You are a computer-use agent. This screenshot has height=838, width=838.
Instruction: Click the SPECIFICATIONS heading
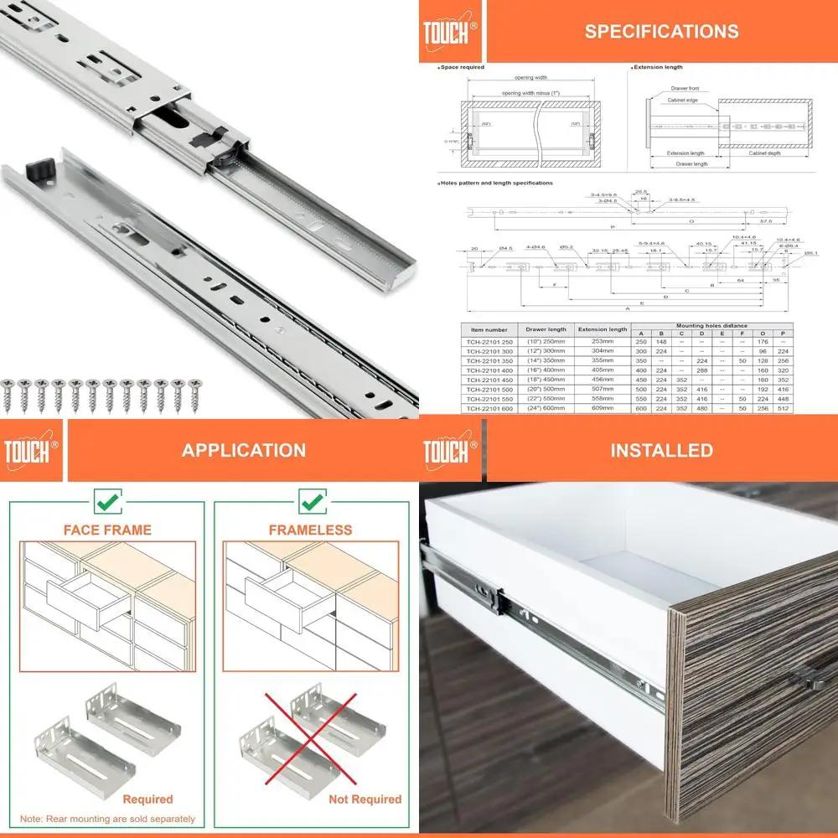tap(661, 32)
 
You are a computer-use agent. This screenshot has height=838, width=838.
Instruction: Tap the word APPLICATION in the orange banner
tap(243, 450)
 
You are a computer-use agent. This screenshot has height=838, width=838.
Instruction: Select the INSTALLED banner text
tap(661, 450)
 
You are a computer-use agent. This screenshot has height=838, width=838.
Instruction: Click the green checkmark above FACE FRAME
tap(108, 503)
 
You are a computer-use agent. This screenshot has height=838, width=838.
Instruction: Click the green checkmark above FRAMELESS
tap(311, 503)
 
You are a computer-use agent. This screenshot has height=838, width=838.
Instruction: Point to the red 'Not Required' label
tap(365, 799)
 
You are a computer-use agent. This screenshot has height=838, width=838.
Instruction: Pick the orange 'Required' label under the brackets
tap(147, 799)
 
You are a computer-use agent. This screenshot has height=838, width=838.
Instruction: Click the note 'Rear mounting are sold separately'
tap(108, 819)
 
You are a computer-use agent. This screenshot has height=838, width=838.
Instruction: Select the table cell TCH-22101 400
tap(489, 370)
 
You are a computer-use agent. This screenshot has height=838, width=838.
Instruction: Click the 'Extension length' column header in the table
tap(602, 329)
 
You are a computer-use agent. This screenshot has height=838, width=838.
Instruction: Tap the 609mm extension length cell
tap(602, 408)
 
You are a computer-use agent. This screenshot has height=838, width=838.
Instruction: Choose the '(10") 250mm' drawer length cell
tap(546, 342)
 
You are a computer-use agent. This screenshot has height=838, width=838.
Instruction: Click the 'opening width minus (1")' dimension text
tap(530, 92)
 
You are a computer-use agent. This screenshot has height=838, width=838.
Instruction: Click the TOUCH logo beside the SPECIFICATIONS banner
tap(450, 32)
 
